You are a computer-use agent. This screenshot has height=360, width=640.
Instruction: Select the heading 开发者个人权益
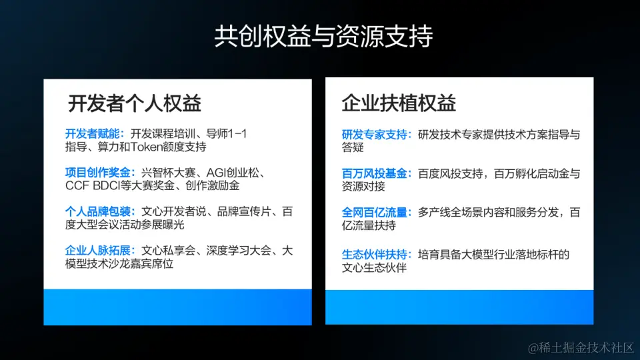(x=135, y=103)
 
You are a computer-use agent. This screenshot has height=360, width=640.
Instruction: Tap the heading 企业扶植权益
(x=399, y=103)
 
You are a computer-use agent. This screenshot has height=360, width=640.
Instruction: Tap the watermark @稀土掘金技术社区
(x=581, y=347)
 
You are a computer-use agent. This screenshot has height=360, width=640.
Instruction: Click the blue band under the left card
(x=177, y=307)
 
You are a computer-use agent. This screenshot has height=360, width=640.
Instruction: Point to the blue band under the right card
(x=459, y=307)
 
